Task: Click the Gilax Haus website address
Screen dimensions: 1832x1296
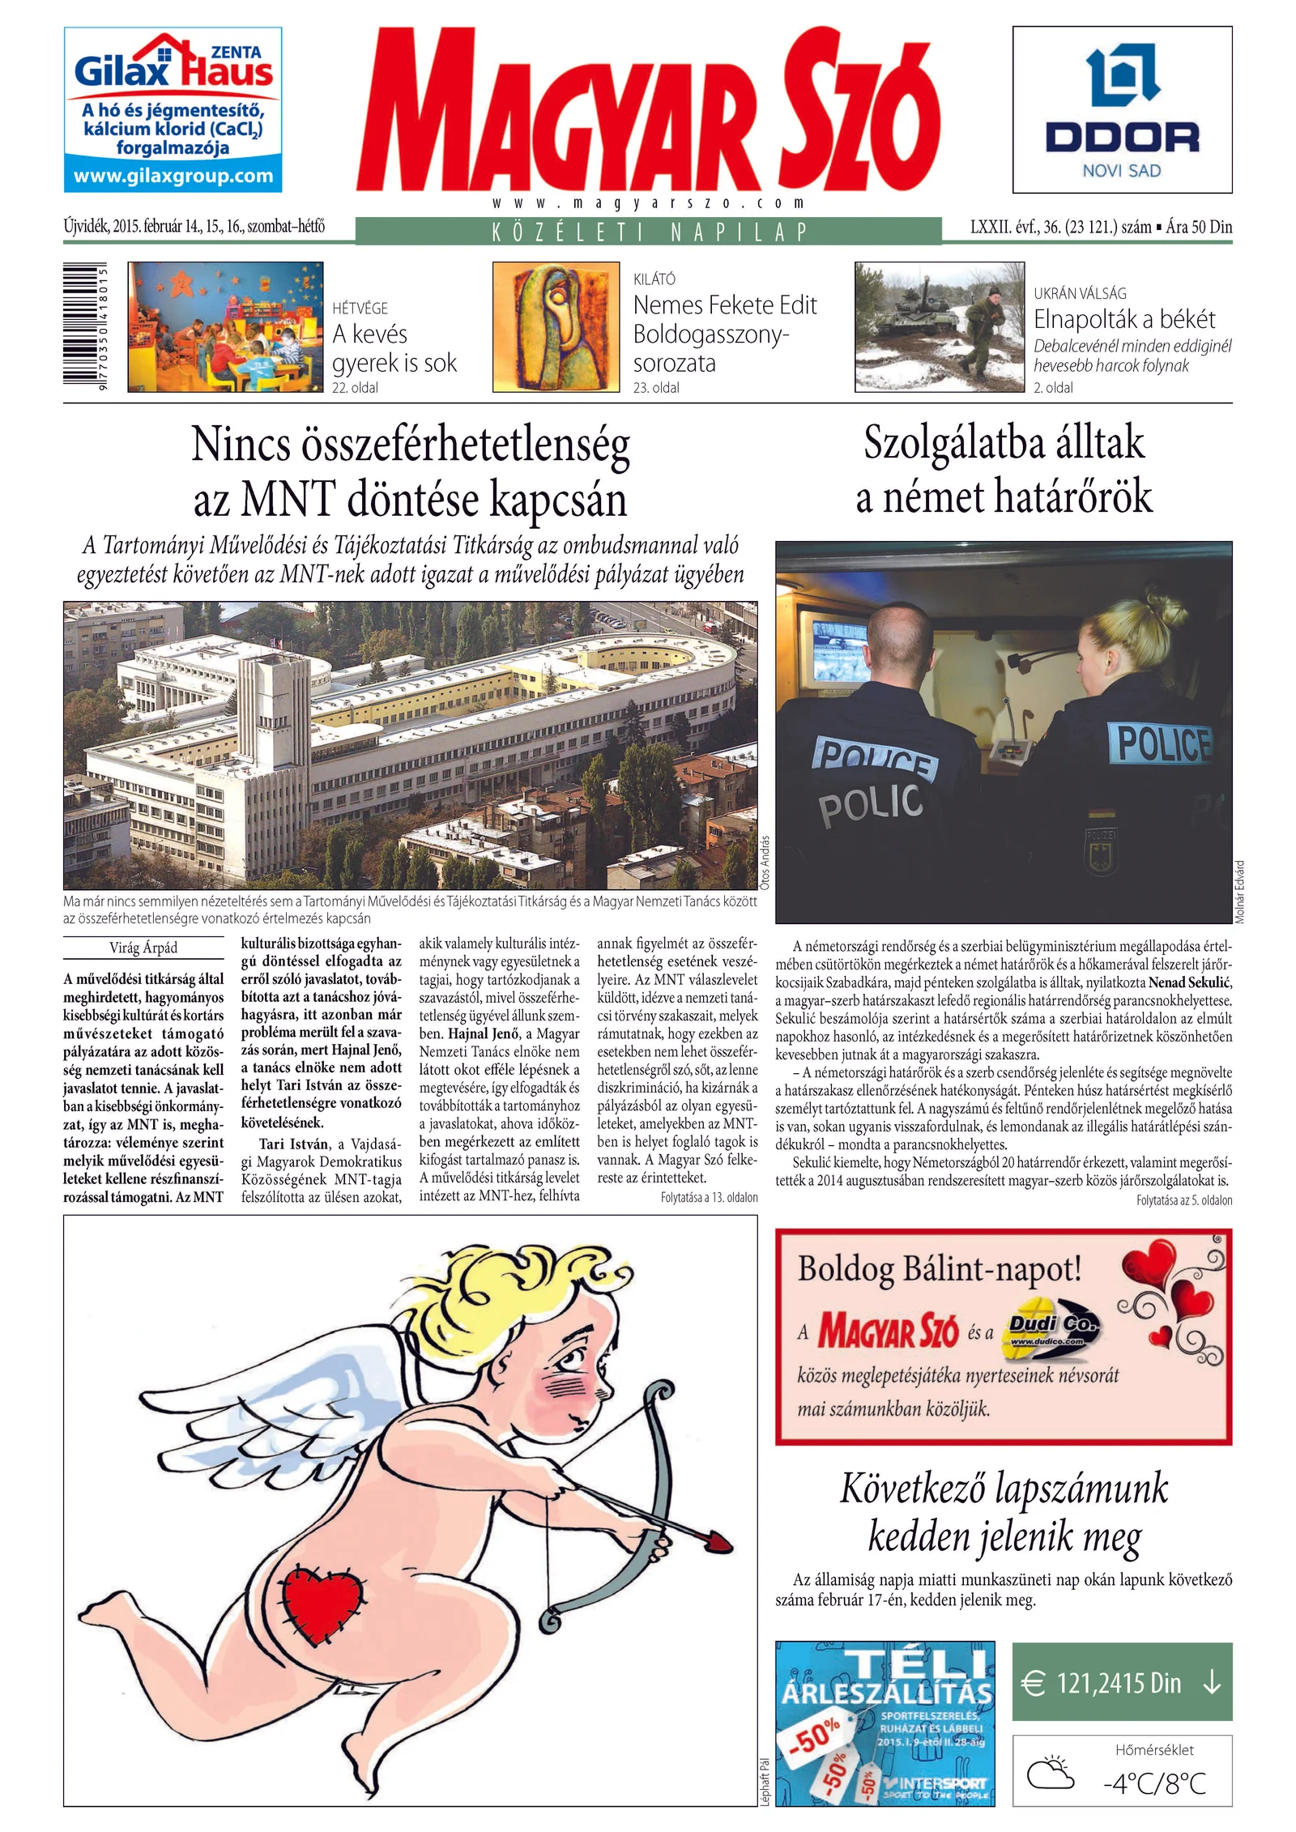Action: click(x=173, y=177)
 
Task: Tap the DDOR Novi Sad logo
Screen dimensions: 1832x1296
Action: click(x=1122, y=110)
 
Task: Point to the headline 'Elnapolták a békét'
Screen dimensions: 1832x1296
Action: click(x=1124, y=319)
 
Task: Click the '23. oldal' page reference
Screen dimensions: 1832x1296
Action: click(x=656, y=388)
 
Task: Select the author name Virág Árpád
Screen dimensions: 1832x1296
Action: click(x=143, y=948)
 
